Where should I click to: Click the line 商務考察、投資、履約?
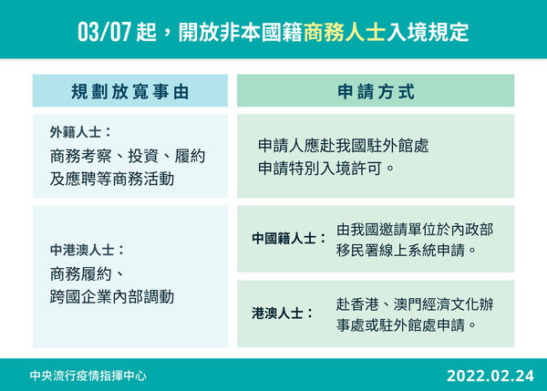128,156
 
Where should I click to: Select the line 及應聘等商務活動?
112,179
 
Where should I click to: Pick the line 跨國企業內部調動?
112,296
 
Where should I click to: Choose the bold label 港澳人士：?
282,314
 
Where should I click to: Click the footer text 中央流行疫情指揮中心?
88,375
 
